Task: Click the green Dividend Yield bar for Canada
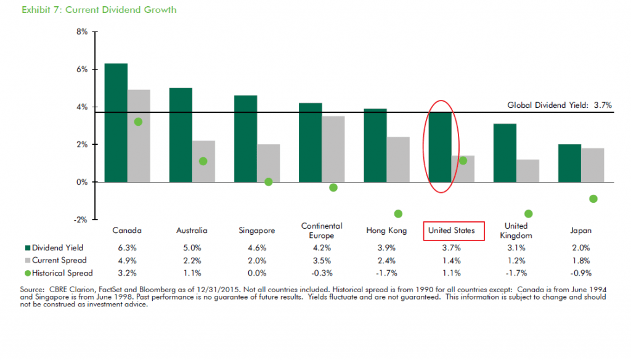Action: [116, 123]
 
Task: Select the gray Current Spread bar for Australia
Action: [203, 161]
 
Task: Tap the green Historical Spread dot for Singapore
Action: [269, 182]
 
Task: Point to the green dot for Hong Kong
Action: [398, 213]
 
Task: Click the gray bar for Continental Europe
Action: [333, 149]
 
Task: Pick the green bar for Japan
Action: [569, 163]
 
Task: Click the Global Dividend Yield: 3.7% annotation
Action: [559, 105]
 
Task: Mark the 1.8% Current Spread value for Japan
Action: [581, 260]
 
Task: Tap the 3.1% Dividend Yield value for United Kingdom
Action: [516, 247]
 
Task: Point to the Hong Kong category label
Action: [386, 231]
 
